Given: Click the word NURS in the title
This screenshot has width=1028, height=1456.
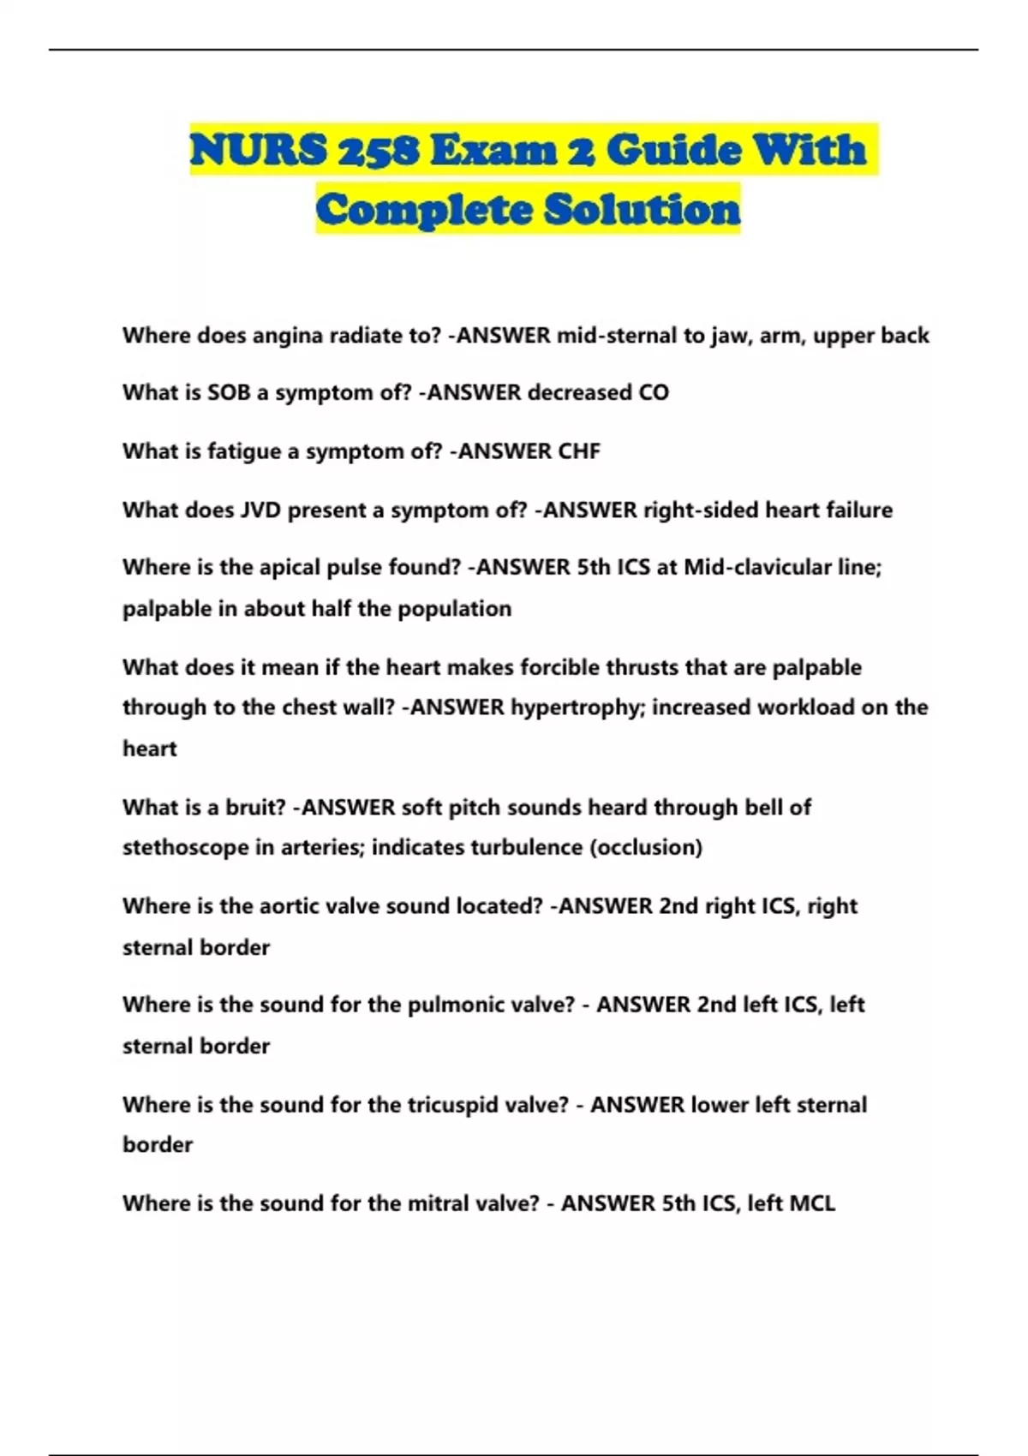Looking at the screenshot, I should (258, 151).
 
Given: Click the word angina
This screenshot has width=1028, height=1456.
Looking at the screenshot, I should (284, 336).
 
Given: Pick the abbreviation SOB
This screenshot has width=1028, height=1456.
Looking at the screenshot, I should (229, 393).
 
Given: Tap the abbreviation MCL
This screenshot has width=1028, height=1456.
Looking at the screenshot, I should (811, 1203).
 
